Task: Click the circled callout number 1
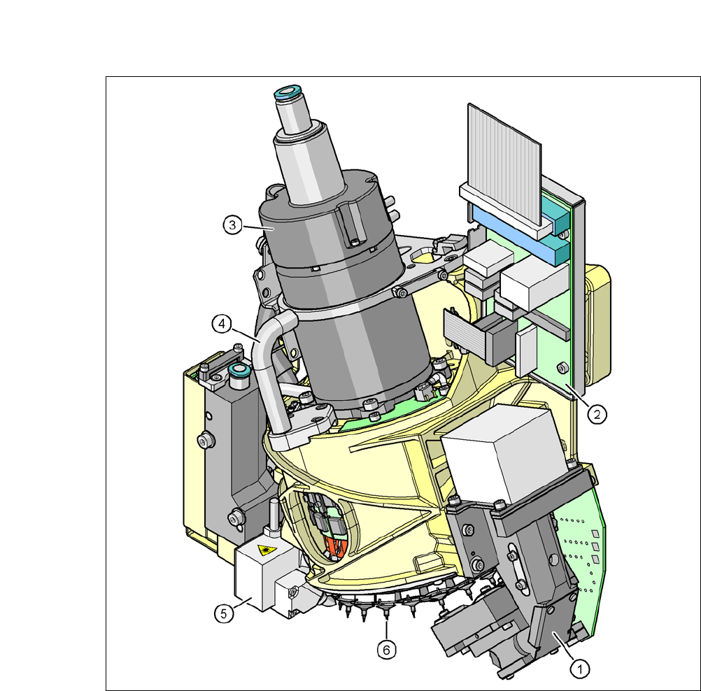coord(580,669)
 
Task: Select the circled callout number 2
coord(597,415)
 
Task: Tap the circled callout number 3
coord(232,225)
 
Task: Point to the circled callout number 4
coord(222,324)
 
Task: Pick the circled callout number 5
coord(224,613)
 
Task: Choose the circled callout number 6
coord(387,650)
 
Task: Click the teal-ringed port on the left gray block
coord(239,370)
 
